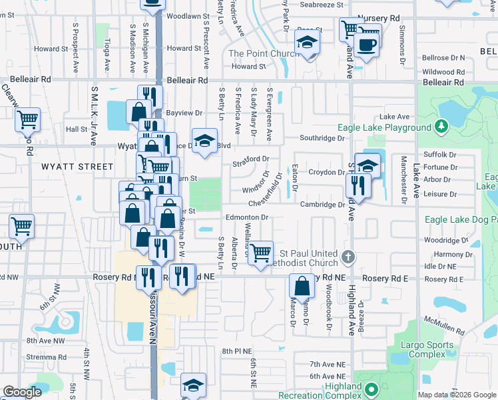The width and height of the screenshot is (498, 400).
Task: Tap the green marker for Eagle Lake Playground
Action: pyautogui.click(x=440, y=126)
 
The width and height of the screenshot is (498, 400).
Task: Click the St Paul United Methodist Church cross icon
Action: pyautogui.click(x=347, y=257)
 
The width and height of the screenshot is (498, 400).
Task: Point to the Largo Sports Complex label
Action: pyautogui.click(x=427, y=350)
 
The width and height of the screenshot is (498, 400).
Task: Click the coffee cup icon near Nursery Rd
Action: pyautogui.click(x=366, y=45)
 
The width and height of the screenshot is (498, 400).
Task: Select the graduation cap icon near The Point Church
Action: pyautogui.click(x=308, y=43)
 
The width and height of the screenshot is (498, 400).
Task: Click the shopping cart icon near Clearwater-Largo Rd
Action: pyautogui.click(x=27, y=120)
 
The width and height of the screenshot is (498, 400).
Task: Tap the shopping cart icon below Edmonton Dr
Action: pyautogui.click(x=260, y=252)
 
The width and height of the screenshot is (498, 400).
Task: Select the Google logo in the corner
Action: pyautogui.click(x=22, y=392)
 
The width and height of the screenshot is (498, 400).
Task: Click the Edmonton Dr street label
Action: pyautogui.click(x=246, y=217)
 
